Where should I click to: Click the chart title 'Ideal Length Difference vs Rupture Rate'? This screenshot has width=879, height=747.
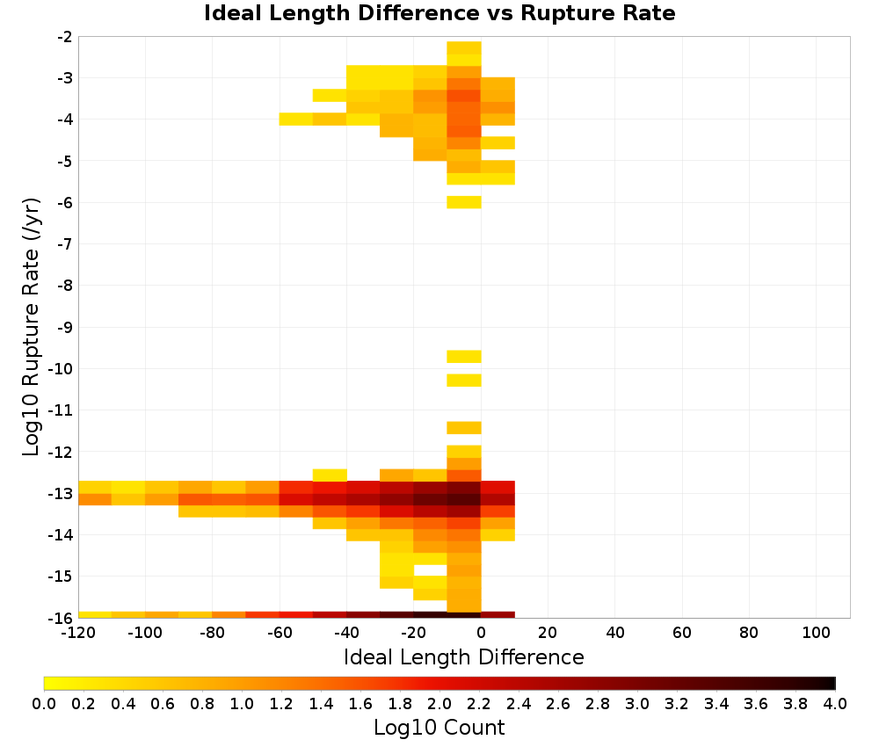coord(439,13)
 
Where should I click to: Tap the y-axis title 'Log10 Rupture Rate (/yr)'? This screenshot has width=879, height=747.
coord(32,327)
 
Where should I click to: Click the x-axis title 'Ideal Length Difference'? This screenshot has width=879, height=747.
coord(463,656)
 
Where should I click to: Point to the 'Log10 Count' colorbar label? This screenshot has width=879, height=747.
coord(439,728)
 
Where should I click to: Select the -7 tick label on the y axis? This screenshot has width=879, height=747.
coord(65,244)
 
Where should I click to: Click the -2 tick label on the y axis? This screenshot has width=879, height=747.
coord(65,37)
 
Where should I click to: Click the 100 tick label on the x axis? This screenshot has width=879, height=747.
coord(816,634)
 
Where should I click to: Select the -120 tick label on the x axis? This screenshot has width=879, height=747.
coord(78,634)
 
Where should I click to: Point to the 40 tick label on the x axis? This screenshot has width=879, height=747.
coord(615,634)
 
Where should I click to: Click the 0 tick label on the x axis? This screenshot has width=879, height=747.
coord(481,634)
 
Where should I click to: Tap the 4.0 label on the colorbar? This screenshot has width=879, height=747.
coord(835,703)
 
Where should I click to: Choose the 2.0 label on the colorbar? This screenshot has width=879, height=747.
coord(439,703)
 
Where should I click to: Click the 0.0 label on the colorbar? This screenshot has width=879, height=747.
coord(44,703)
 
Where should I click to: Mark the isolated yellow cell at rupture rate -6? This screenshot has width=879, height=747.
coord(464,202)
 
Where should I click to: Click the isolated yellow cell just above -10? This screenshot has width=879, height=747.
coord(464,357)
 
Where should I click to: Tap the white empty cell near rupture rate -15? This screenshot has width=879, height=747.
coord(431,570)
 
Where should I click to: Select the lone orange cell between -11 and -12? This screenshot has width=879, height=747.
coord(464,428)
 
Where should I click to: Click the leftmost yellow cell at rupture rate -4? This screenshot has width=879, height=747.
coord(296,119)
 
